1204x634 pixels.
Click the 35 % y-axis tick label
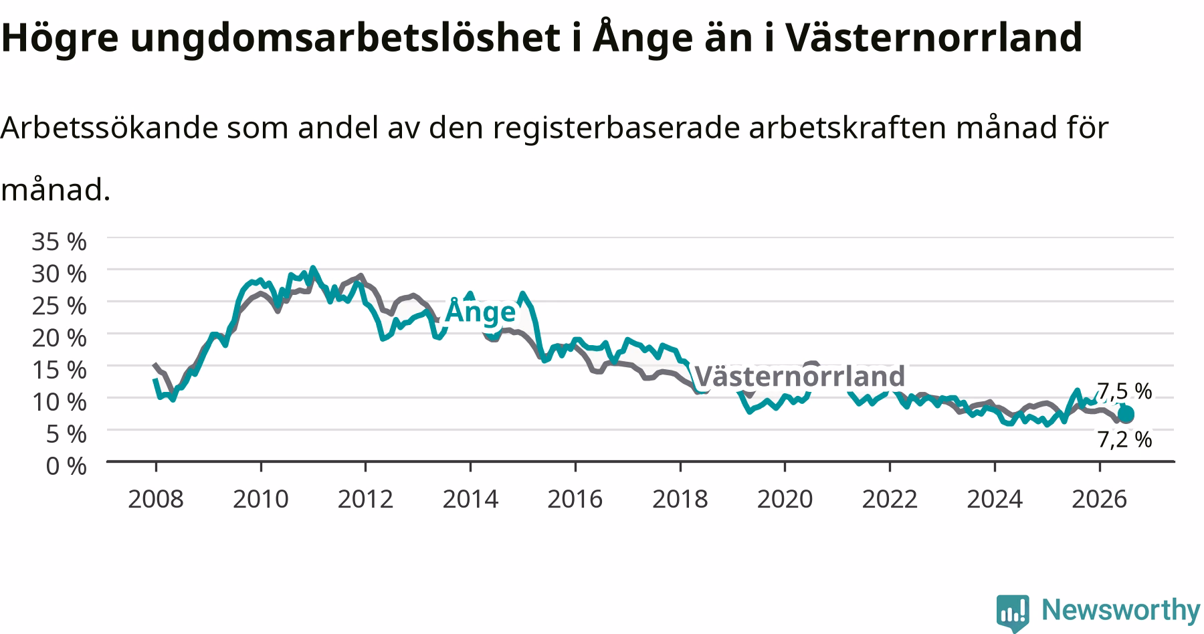tap(59, 241)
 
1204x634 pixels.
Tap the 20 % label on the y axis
tap(59, 338)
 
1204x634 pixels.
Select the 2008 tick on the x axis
tap(155, 499)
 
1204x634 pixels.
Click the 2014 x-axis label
tap(470, 499)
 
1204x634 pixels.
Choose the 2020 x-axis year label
tap(785, 499)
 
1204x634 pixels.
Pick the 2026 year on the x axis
tap(1099, 499)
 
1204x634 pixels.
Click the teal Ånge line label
tap(480, 312)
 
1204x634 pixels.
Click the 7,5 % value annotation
tap(1125, 391)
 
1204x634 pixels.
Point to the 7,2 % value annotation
tap(1125, 439)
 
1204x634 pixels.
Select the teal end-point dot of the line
tap(1126, 415)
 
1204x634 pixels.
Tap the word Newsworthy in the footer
tap(1121, 610)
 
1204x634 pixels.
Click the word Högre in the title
tap(60, 39)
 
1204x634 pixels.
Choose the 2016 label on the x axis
tap(575, 499)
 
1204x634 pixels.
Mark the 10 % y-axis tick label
tap(59, 402)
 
